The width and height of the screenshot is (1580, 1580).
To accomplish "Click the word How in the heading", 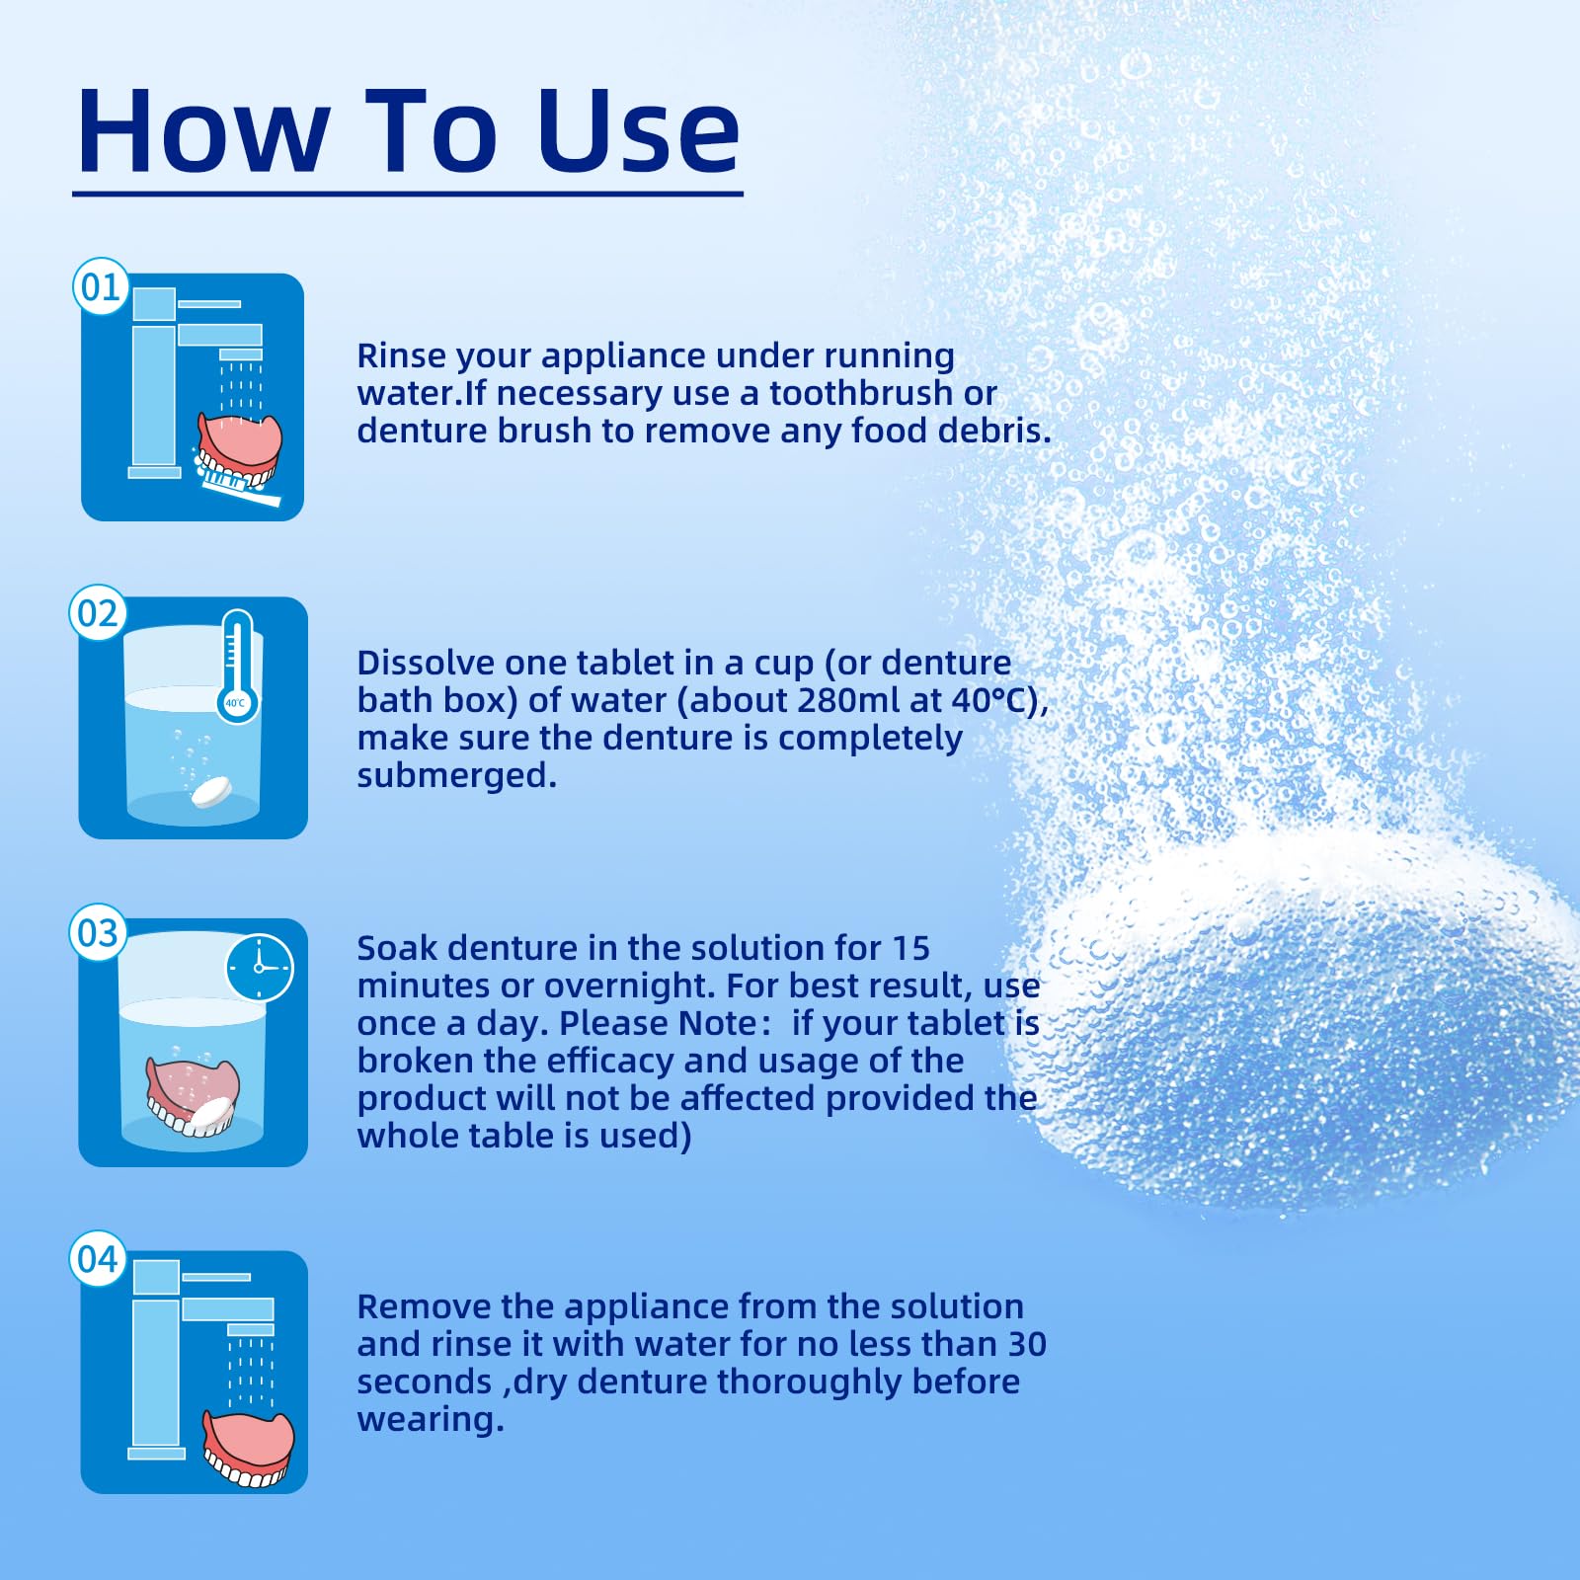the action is pyautogui.click(x=203, y=131).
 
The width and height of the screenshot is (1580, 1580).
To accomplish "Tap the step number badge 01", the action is pyautogui.click(x=101, y=287).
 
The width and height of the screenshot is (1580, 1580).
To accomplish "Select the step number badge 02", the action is pyautogui.click(x=98, y=613).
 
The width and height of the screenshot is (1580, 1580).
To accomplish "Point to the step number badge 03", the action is pyautogui.click(x=98, y=932).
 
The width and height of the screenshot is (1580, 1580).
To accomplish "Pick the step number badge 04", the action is pyautogui.click(x=98, y=1259).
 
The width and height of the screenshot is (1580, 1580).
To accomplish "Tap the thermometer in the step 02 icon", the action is pyautogui.click(x=237, y=666).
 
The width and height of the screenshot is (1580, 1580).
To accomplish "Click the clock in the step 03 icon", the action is pyautogui.click(x=260, y=968).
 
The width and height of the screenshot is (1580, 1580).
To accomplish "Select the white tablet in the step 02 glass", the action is pyautogui.click(x=211, y=792).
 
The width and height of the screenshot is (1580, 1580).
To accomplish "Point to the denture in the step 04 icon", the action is pyautogui.click(x=249, y=1449).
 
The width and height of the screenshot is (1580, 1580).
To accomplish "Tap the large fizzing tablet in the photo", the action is pyautogui.click(x=1303, y=1017).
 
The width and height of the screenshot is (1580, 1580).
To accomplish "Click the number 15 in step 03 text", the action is pyautogui.click(x=911, y=948).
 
